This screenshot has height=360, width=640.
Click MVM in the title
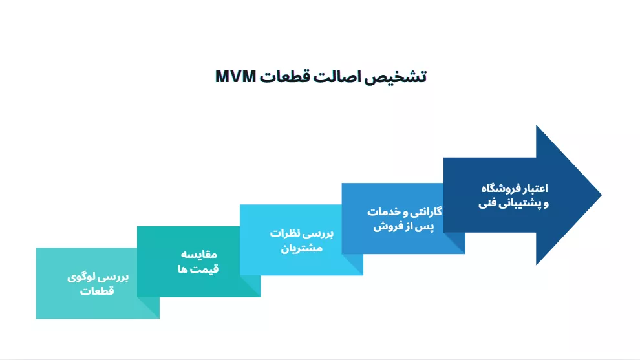click(x=235, y=76)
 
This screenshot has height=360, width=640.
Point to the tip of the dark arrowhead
click(x=601, y=195)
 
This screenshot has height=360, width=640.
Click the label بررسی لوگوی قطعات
click(x=98, y=284)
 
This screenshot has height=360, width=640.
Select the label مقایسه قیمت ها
click(x=198, y=262)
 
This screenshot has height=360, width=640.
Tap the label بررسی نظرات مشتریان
click(x=302, y=240)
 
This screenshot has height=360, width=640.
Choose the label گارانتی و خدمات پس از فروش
click(x=404, y=218)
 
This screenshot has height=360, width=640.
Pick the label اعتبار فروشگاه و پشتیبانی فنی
click(x=514, y=195)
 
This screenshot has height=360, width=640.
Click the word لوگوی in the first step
click(x=81, y=277)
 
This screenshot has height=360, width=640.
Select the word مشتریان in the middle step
click(x=302, y=248)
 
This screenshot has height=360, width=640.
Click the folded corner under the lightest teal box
click(x=148, y=308)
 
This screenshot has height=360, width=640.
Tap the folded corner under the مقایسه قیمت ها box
click(x=250, y=286)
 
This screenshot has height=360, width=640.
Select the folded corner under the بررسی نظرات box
click(x=352, y=264)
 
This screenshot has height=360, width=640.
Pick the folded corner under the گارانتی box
click(x=454, y=243)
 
